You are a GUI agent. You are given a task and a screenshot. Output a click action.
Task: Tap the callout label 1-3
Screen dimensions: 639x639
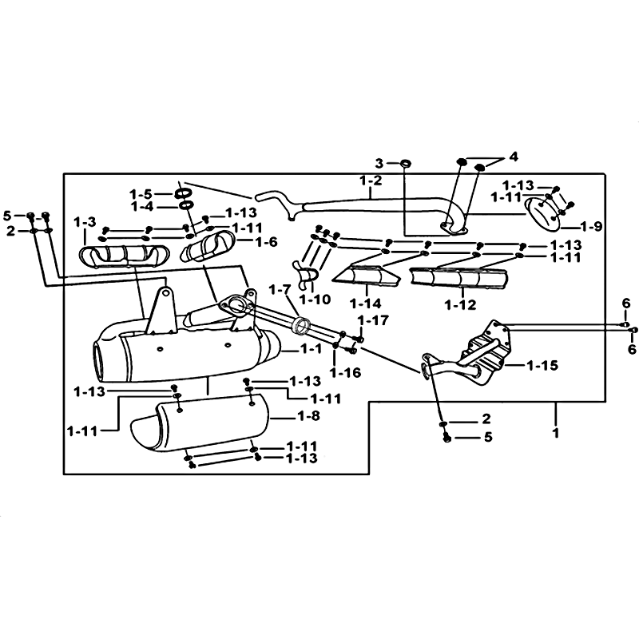point(85,221)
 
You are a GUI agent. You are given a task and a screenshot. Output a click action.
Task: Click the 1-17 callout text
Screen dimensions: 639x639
point(374,320)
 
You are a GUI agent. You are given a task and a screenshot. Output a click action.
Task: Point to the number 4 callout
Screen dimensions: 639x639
point(513,155)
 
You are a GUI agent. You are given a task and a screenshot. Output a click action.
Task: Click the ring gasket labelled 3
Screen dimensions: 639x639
point(405,164)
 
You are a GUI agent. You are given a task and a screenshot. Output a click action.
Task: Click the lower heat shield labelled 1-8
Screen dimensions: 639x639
point(200,427)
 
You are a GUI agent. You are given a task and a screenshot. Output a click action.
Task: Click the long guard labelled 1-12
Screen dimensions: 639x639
point(461,279)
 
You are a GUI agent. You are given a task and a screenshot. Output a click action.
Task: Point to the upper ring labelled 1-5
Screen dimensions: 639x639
point(183,194)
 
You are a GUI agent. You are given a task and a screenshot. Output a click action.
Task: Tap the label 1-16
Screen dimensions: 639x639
point(346,372)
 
